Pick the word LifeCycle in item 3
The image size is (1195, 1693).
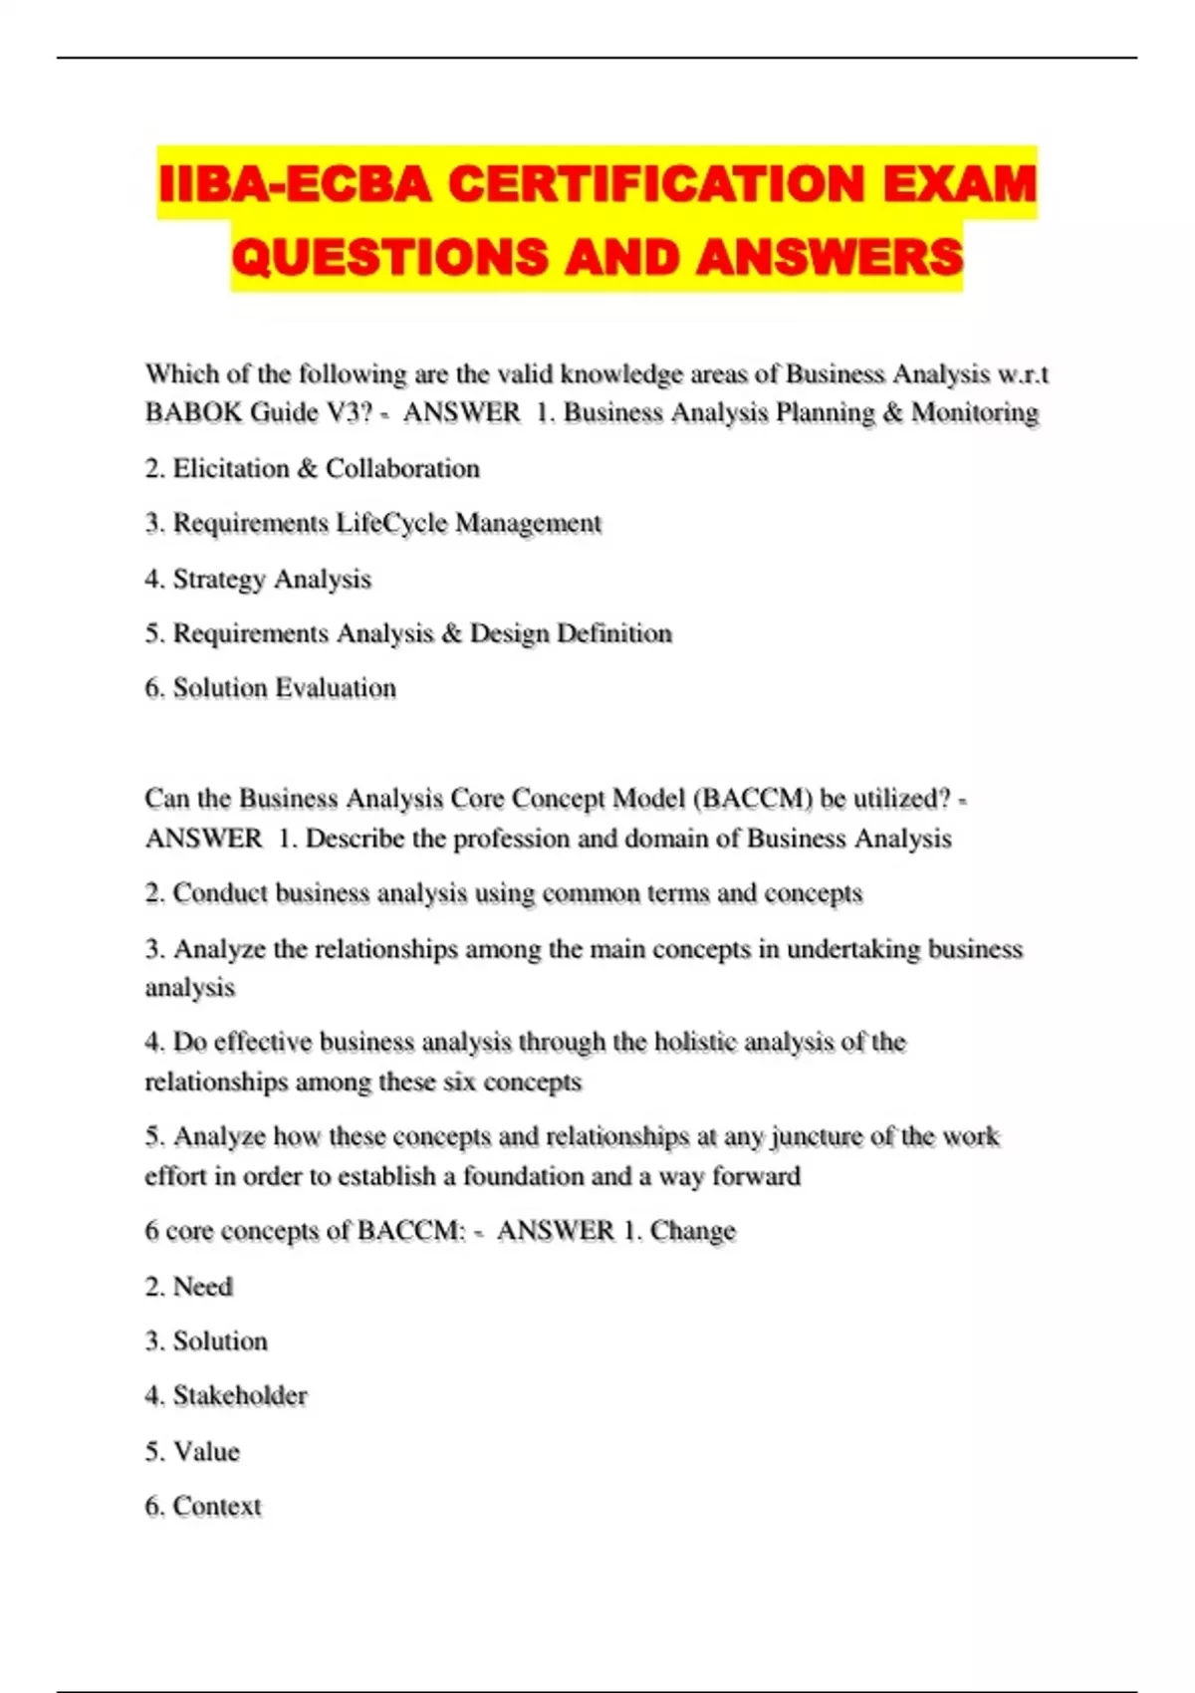click(391, 523)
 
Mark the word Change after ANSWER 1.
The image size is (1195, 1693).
click(693, 1231)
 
